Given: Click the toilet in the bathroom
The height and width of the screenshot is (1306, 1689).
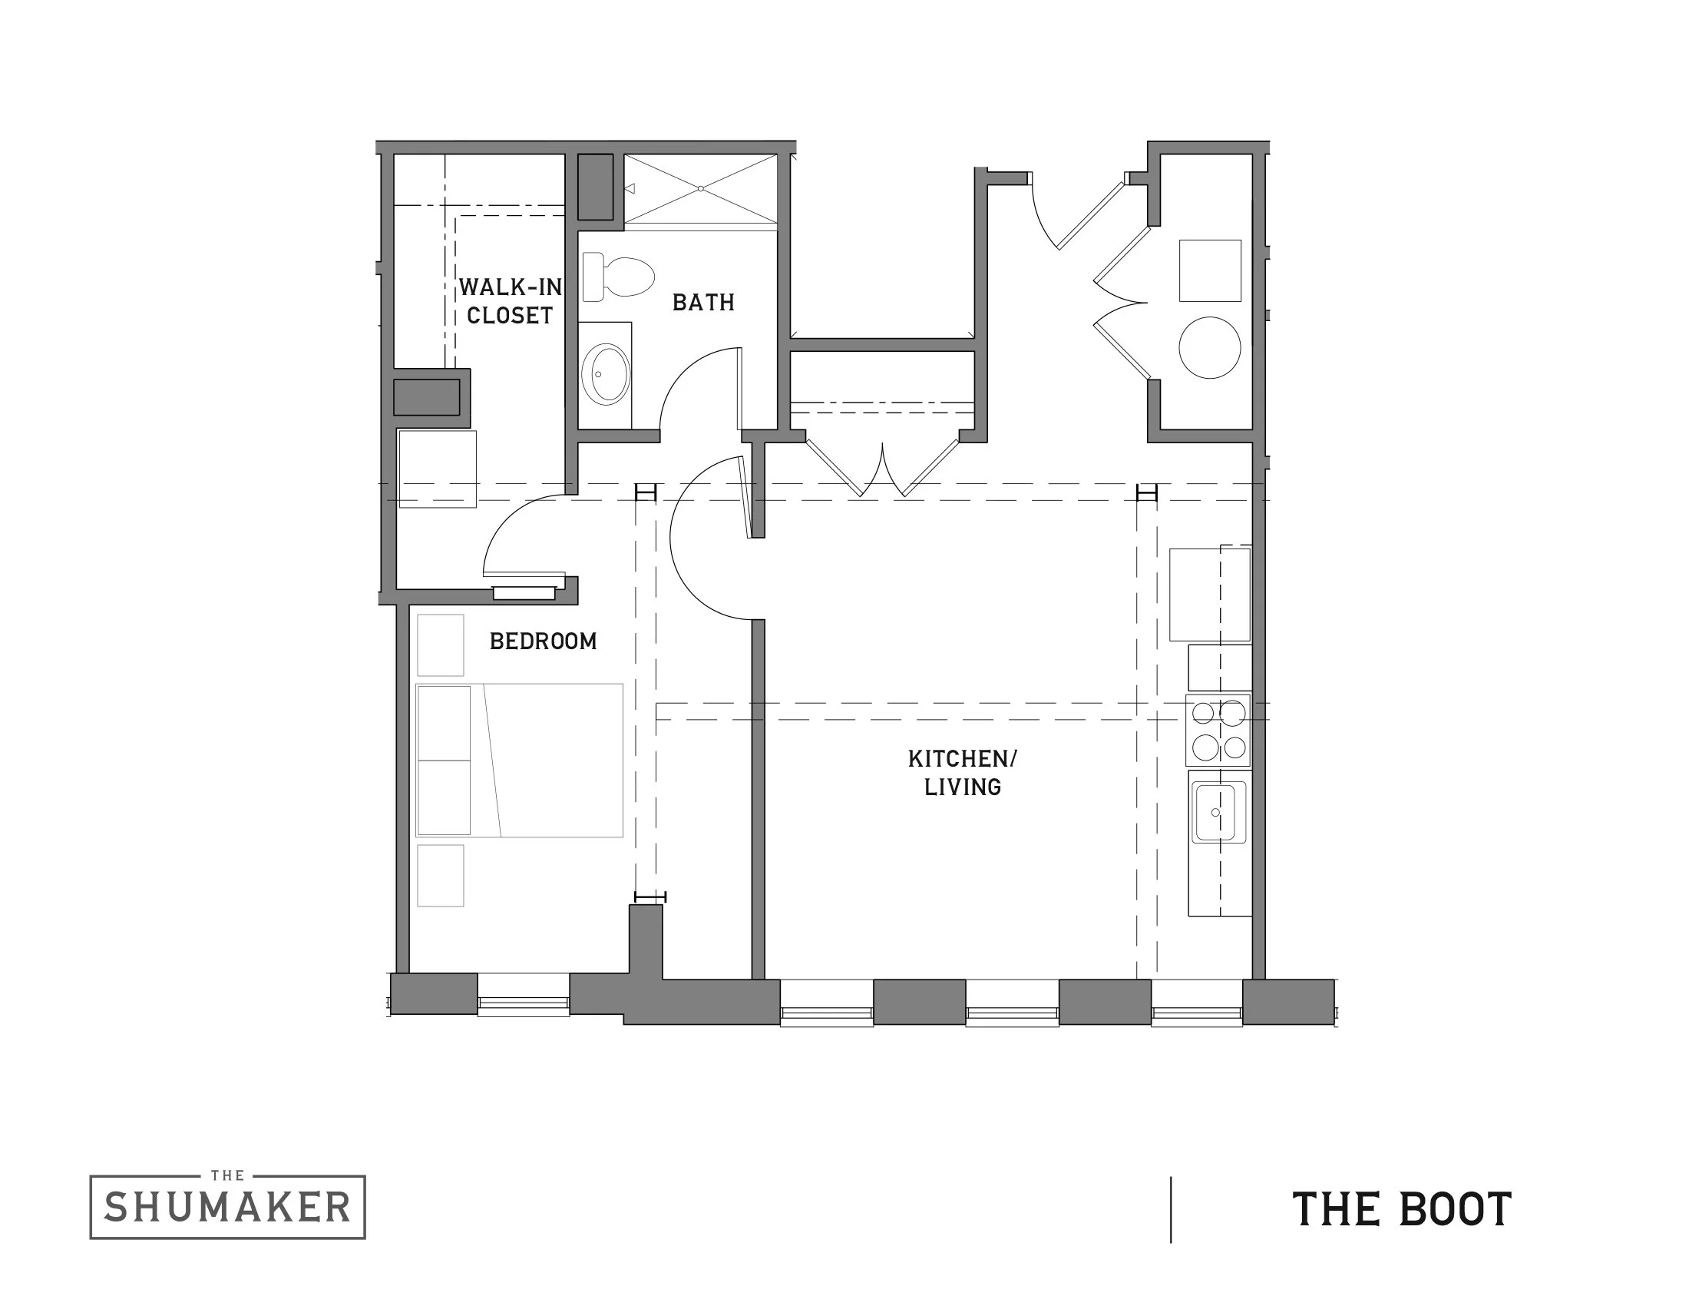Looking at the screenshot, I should [x=619, y=277].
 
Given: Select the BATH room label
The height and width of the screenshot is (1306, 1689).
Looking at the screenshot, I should [x=703, y=303].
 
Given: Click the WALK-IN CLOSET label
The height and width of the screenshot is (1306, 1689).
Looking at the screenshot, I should [x=511, y=301].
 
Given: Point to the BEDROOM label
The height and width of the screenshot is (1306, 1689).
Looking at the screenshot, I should [x=543, y=641].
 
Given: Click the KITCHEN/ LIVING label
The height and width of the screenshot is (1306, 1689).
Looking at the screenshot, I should [x=962, y=772].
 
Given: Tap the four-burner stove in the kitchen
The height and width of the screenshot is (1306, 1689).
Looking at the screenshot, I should [x=1218, y=730].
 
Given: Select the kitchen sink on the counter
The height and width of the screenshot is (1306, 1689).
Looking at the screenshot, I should [x=1218, y=811].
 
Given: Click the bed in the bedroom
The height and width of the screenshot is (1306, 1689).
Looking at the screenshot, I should [x=520, y=760].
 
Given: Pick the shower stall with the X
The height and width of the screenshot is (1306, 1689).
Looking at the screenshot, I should [x=701, y=189].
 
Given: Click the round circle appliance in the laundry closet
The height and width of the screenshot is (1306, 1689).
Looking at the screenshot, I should [x=1209, y=347].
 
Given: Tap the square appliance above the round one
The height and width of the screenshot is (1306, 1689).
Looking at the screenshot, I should [x=1209, y=270].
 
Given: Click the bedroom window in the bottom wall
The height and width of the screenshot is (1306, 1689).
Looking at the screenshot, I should [x=524, y=1003].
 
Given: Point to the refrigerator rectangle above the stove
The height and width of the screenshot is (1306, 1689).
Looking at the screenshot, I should [x=1209, y=594].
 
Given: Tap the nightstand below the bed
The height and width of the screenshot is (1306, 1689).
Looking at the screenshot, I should [x=440, y=875].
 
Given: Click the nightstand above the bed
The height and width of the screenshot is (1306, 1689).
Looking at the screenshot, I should [x=440, y=645].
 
